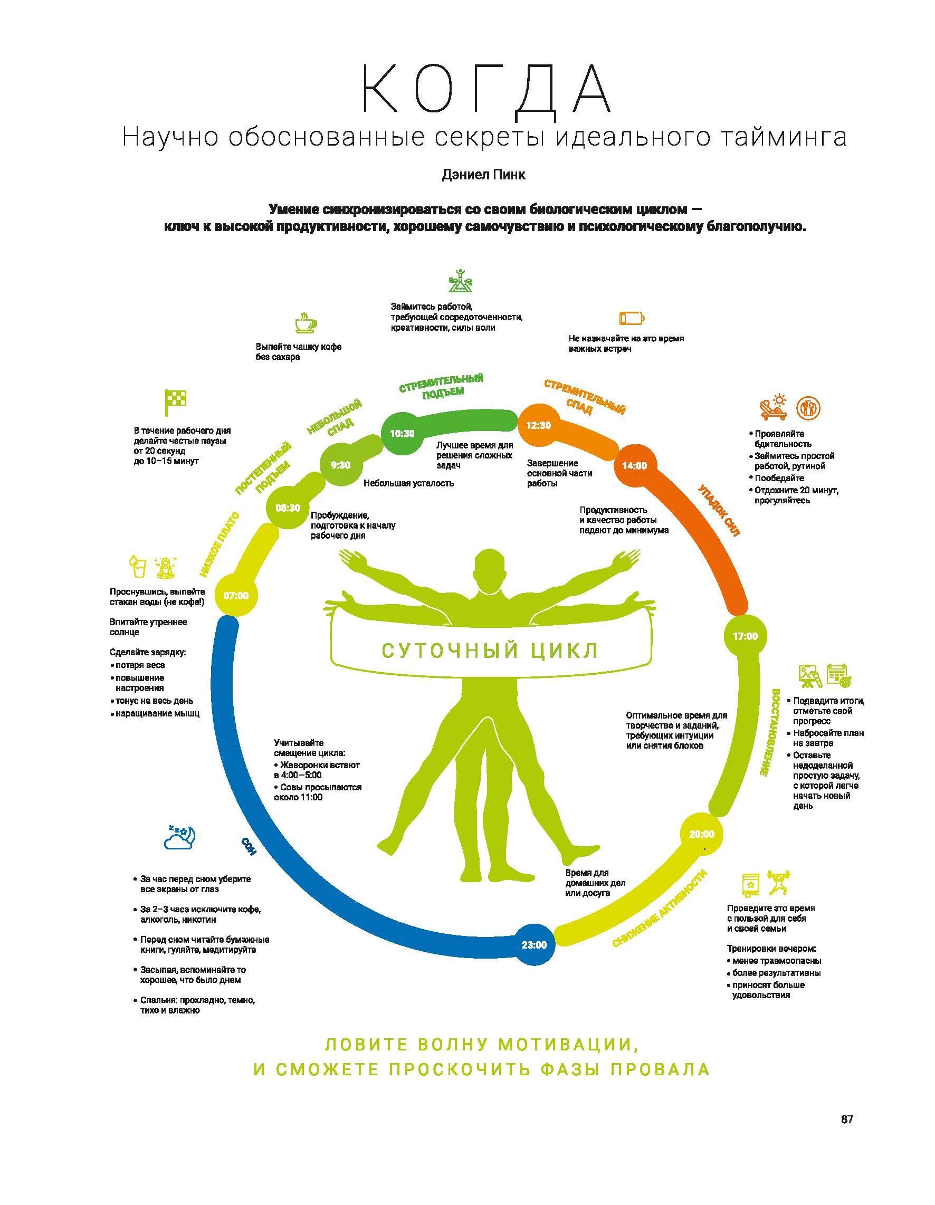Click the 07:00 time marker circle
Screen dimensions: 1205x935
tap(236, 595)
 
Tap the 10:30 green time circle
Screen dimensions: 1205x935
tap(402, 433)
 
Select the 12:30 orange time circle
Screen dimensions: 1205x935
tap(538, 425)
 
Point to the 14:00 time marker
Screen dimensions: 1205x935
tap(634, 466)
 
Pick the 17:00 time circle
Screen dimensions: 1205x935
tap(745, 636)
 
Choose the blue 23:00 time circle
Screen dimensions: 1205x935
tap(534, 944)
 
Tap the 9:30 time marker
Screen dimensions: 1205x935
tap(340, 465)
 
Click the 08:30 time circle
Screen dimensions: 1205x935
tap(288, 508)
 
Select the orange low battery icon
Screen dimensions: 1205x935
tap(632, 318)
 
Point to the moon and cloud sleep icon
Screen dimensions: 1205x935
tap(180, 837)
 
